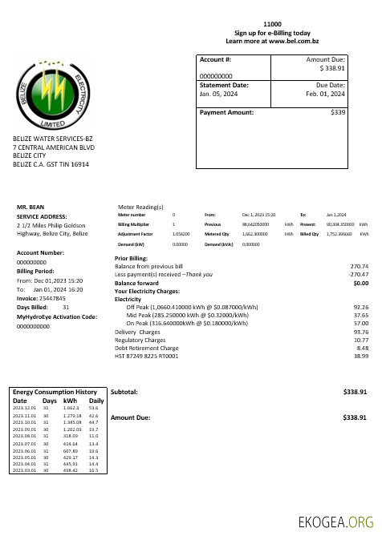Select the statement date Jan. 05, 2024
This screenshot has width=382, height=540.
pos(218,94)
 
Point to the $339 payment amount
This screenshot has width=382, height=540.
pos(338,113)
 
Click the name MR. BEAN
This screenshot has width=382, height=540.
pos(30,207)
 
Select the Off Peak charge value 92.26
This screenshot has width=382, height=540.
pos(360,307)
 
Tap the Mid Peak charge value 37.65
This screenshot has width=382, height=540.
pos(360,315)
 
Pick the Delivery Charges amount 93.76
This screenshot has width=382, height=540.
pos(360,332)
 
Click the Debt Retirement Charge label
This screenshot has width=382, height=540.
pos(147,349)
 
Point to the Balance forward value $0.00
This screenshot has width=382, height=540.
pos(360,283)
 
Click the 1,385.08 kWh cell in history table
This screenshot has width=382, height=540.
pos(73,421)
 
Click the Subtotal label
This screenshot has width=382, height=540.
pos(124,393)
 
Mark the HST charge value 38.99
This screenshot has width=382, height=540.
pos(360,357)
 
